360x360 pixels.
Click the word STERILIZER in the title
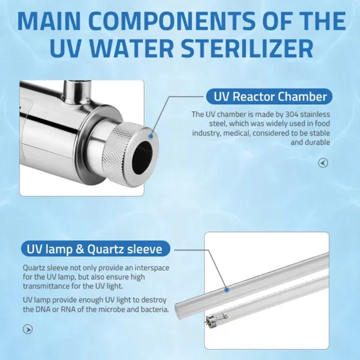247,49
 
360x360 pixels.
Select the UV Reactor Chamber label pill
269,96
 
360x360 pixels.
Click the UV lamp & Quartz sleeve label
96,249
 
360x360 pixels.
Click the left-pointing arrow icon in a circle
323,163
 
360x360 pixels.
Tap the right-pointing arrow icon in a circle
27,329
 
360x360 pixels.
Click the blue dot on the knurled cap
151,136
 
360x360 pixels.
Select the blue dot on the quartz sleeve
227,290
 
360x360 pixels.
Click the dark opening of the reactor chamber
143,153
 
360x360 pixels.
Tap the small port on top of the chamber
77,92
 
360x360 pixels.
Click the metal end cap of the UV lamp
211,320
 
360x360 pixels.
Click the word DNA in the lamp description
43,309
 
